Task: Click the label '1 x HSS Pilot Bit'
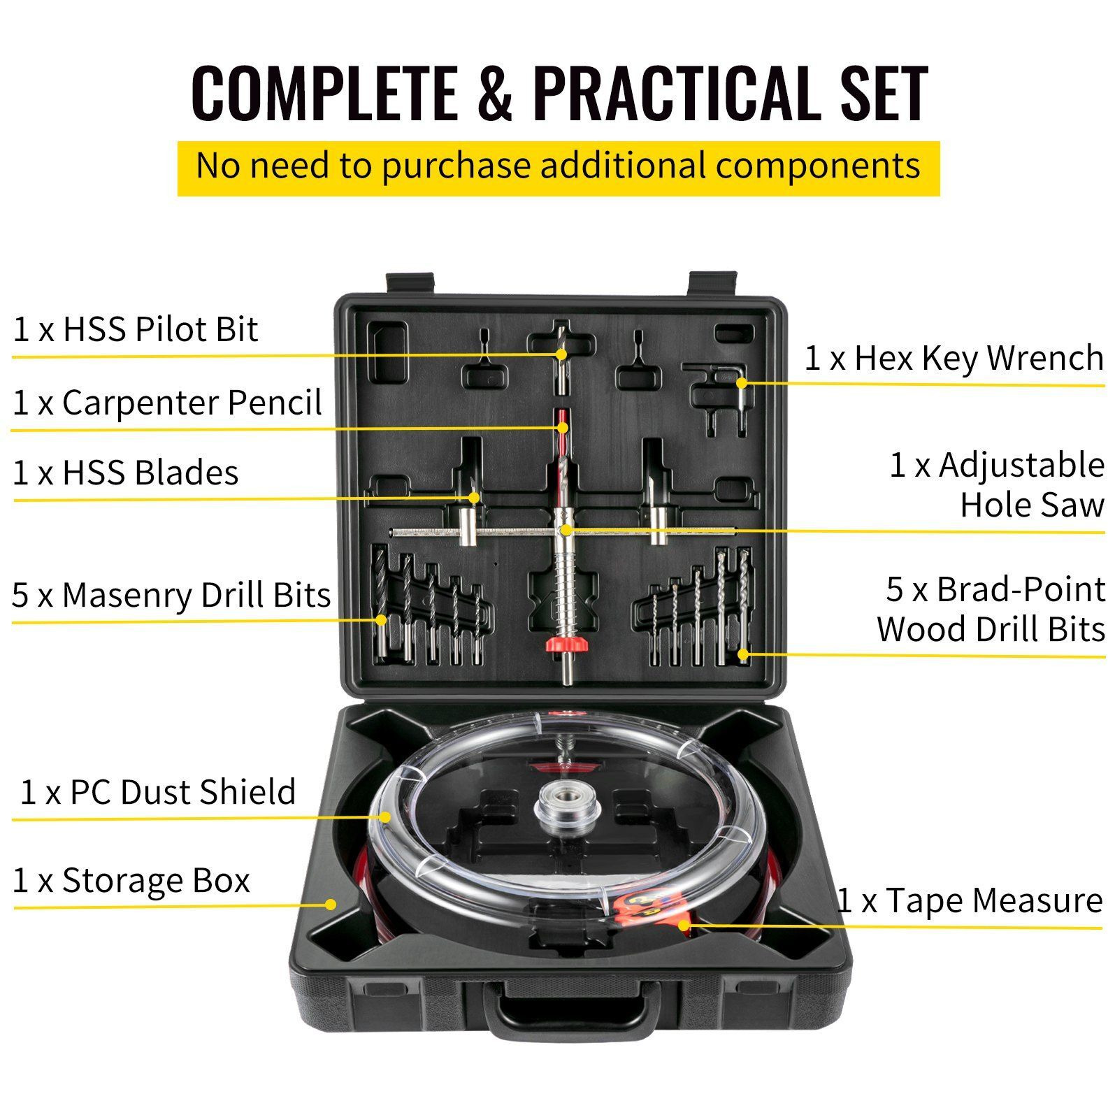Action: pyautogui.click(x=136, y=329)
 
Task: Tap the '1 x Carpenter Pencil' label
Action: pyautogui.click(x=167, y=403)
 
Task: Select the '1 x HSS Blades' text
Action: pyautogui.click(x=126, y=473)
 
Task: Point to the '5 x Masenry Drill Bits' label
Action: pyautogui.click(x=171, y=595)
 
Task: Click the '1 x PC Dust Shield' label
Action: pyautogui.click(x=158, y=792)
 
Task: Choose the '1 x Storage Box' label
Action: pyautogui.click(x=131, y=880)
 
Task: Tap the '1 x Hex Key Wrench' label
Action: pyautogui.click(x=954, y=358)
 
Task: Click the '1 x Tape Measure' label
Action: pyautogui.click(x=970, y=900)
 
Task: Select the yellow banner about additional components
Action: pyautogui.click(x=559, y=168)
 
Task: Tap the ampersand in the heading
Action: pyautogui.click(x=495, y=94)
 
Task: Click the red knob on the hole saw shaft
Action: pyautogui.click(x=564, y=645)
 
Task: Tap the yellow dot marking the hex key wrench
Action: pyautogui.click(x=742, y=382)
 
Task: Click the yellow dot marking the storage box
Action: pyautogui.click(x=331, y=904)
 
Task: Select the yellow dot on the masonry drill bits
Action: pyautogui.click(x=381, y=619)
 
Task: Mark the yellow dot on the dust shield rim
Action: pyautogui.click(x=384, y=816)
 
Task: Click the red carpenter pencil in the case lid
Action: pyautogui.click(x=563, y=428)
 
